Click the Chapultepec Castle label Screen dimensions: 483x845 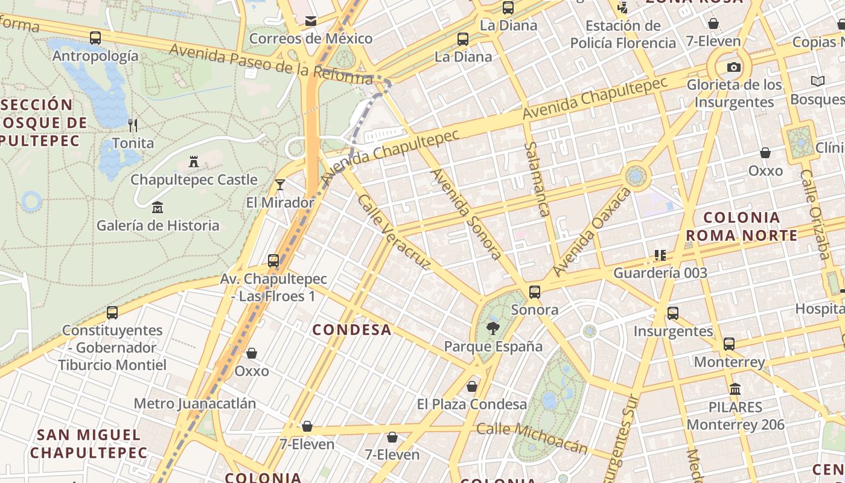tap(194, 180)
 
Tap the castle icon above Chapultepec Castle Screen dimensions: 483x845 tap(194, 162)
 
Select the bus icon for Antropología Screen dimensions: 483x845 tap(95, 38)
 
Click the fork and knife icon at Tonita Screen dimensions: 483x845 tap(133, 126)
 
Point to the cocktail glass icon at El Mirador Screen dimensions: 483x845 tap(279, 184)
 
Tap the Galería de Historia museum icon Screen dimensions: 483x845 tap(158, 208)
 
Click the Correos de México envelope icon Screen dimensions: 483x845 tap(311, 21)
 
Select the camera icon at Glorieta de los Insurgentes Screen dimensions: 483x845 tap(734, 67)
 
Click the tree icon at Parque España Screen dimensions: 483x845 tap(493, 328)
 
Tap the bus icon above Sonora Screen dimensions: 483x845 tap(535, 292)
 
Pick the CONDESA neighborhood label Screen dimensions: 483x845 tap(352, 330)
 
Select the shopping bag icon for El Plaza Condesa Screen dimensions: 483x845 tap(472, 386)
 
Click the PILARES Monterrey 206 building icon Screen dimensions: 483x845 tap(735, 389)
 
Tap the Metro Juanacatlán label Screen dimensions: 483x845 tap(195, 403)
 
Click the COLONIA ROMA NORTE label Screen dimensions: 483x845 tap(742, 226)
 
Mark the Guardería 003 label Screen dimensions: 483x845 tap(660, 273)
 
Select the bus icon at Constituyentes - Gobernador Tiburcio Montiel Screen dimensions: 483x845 tap(112, 313)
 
